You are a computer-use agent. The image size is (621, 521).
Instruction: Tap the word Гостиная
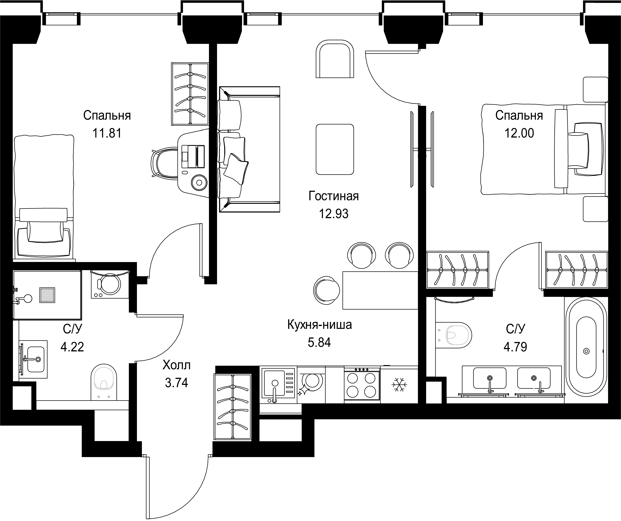tap(334, 196)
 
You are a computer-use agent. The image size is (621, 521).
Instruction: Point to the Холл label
tap(177, 366)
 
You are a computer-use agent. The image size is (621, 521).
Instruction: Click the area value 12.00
tap(519, 133)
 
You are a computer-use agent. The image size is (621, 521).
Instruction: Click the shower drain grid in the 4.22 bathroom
tap(47, 295)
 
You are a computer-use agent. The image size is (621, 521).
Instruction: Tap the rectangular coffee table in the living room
tap(335, 149)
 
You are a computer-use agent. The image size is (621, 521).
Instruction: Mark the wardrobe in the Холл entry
tap(233, 407)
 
